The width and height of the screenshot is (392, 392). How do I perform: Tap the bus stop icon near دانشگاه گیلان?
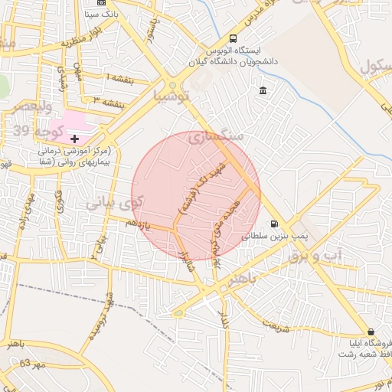click(x=234, y=39)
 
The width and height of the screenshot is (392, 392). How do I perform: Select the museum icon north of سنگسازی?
click(x=263, y=91)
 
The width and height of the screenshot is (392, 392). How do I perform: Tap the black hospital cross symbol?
click(x=74, y=139)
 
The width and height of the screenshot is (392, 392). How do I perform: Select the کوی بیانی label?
click(x=111, y=204)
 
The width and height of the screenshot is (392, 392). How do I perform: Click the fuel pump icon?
click(x=273, y=224)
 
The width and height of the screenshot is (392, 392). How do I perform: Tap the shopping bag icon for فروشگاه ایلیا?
click(x=371, y=332)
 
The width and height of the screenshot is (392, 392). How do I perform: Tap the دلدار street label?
click(x=224, y=320)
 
